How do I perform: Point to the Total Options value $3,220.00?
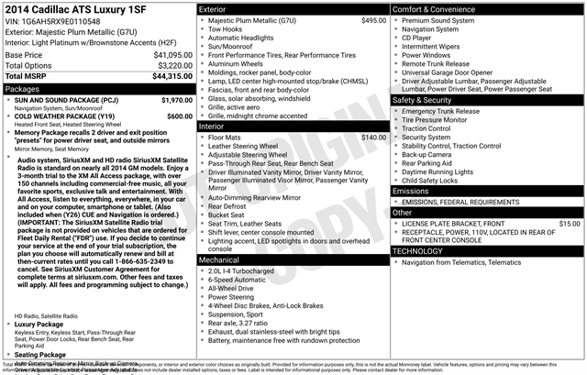174,66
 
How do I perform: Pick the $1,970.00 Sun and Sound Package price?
177,100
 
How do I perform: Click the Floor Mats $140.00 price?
373,138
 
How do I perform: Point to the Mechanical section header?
219,259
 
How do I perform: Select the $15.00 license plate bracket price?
569,223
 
